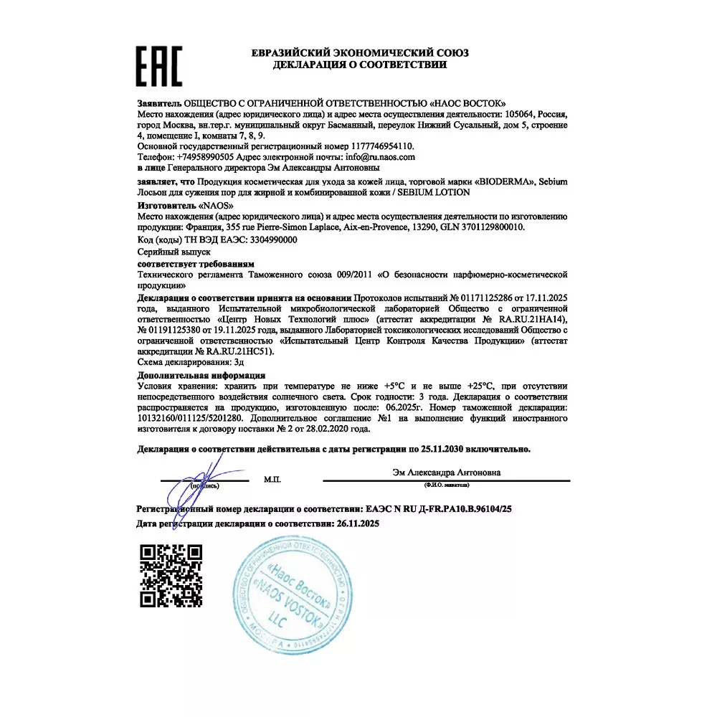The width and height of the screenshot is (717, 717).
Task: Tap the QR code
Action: pyautogui.click(x=170, y=576)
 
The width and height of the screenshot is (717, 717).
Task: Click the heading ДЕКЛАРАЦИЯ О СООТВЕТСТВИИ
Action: pyautogui.click(x=359, y=65)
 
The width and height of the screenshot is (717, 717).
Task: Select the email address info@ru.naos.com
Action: pyautogui.click(x=380, y=156)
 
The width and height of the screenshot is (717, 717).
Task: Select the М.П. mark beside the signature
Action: pyautogui.click(x=272, y=478)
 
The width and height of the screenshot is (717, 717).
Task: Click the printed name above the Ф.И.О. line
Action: pyautogui.click(x=447, y=473)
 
